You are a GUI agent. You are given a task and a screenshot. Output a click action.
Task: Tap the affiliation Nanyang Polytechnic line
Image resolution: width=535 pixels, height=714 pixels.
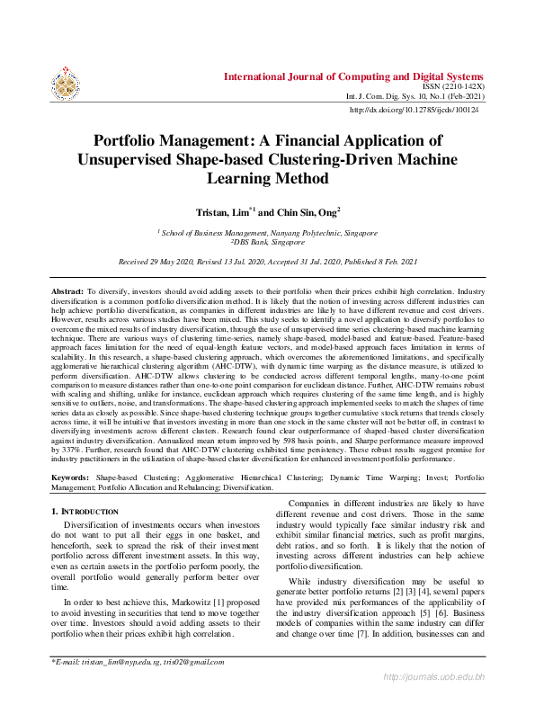(x=268, y=233)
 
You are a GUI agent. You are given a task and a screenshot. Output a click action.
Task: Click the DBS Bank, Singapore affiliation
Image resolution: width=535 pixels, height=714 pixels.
(x=268, y=242)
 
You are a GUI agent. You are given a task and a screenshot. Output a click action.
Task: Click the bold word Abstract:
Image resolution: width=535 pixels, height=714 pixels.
(x=66, y=292)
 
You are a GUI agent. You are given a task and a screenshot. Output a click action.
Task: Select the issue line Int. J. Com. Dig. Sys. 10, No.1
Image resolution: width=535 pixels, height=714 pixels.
(x=415, y=95)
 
